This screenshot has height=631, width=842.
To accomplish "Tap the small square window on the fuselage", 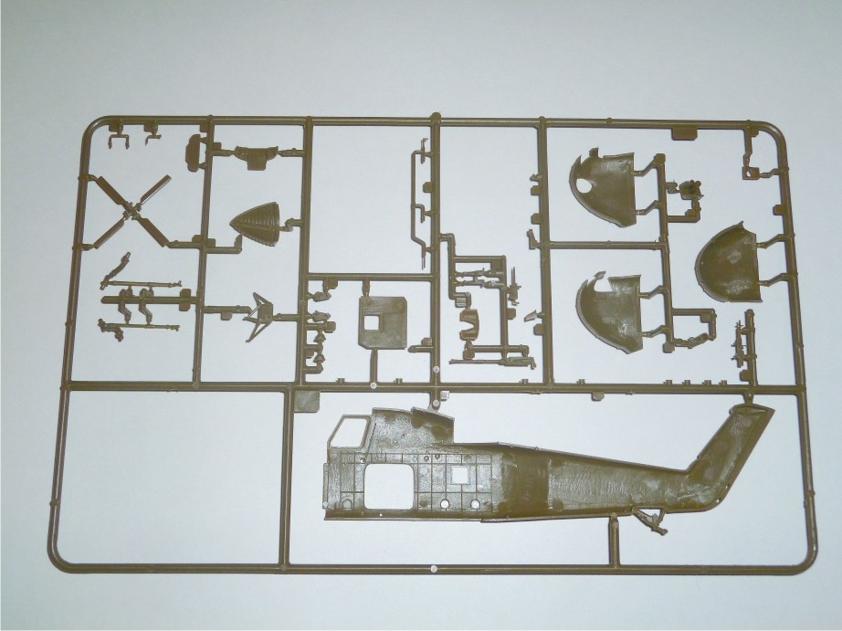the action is (x=459, y=474).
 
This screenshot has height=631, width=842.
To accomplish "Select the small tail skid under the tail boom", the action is (x=652, y=521).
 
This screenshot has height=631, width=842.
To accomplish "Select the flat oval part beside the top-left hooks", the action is (x=195, y=153).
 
